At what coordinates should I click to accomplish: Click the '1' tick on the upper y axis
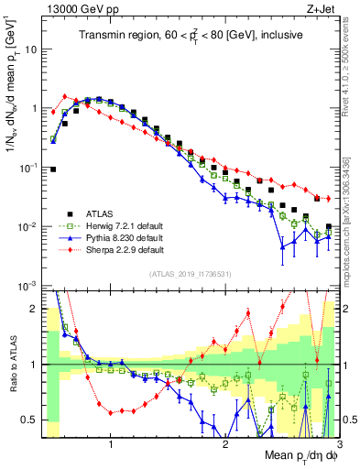pos(35,108)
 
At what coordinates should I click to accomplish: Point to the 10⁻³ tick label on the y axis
pos(28,287)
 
